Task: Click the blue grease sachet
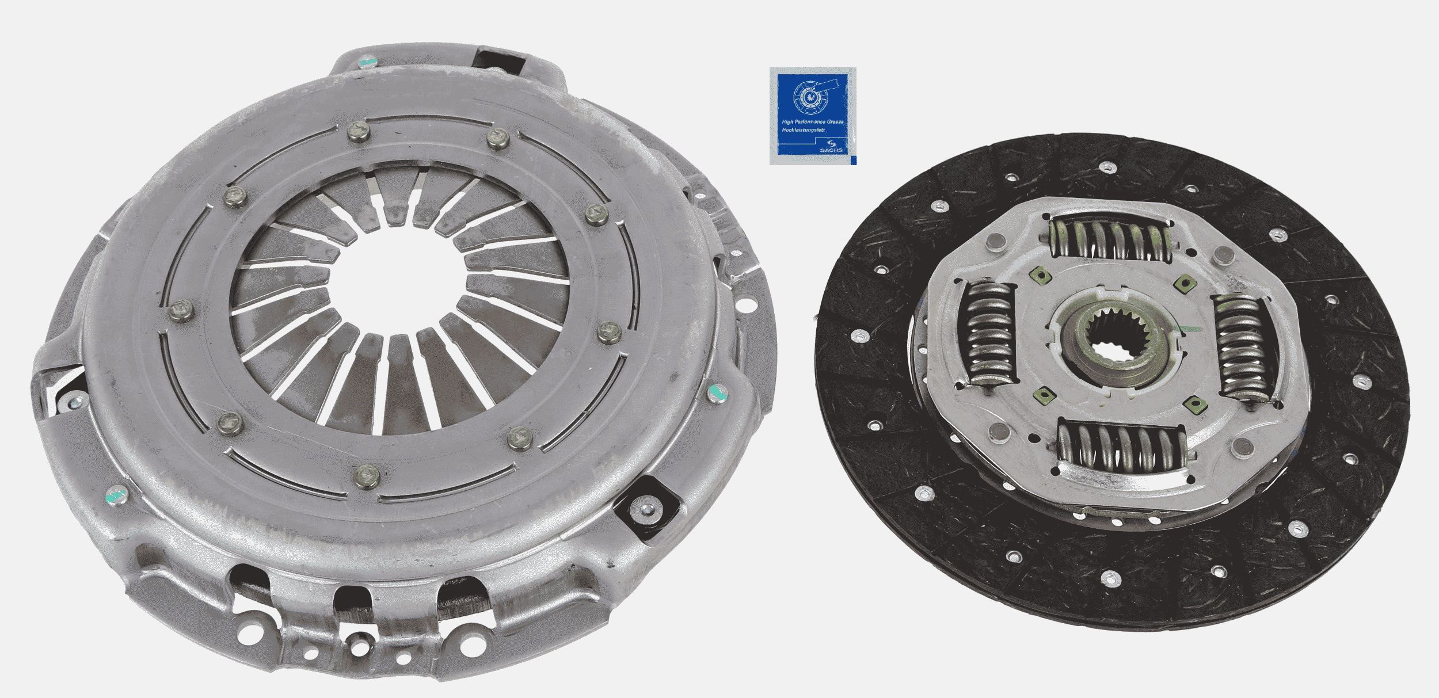tap(812, 116)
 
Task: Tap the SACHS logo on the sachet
tap(833, 148)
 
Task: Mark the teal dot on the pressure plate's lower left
tap(117, 494)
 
